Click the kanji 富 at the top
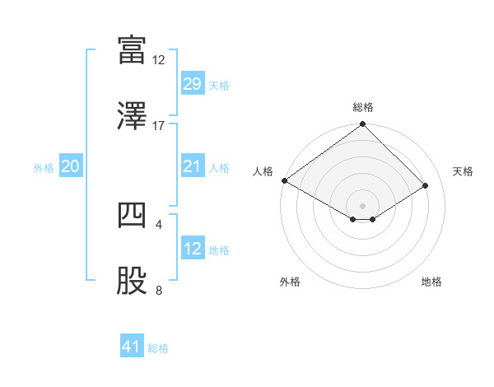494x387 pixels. coord(131,51)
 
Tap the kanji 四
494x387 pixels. coord(131,216)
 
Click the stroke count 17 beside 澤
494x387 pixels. coord(159,126)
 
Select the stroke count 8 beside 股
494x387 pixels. coord(159,290)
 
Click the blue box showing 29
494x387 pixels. coord(192,84)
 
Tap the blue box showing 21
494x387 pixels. coord(192,166)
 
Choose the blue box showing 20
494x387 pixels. coord(71,166)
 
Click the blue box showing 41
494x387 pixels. coord(132,347)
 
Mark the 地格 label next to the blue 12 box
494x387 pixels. coord(220,249)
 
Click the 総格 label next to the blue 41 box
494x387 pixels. coord(159,348)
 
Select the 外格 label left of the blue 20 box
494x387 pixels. coord(44,167)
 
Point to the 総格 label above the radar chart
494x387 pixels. coord(363,107)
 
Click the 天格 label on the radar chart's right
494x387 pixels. coord(464,171)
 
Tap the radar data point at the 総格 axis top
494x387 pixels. coord(363,125)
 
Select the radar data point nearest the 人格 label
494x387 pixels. coord(284,180)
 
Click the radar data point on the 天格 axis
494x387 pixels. coord(426,185)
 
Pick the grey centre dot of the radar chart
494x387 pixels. coord(363,205)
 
